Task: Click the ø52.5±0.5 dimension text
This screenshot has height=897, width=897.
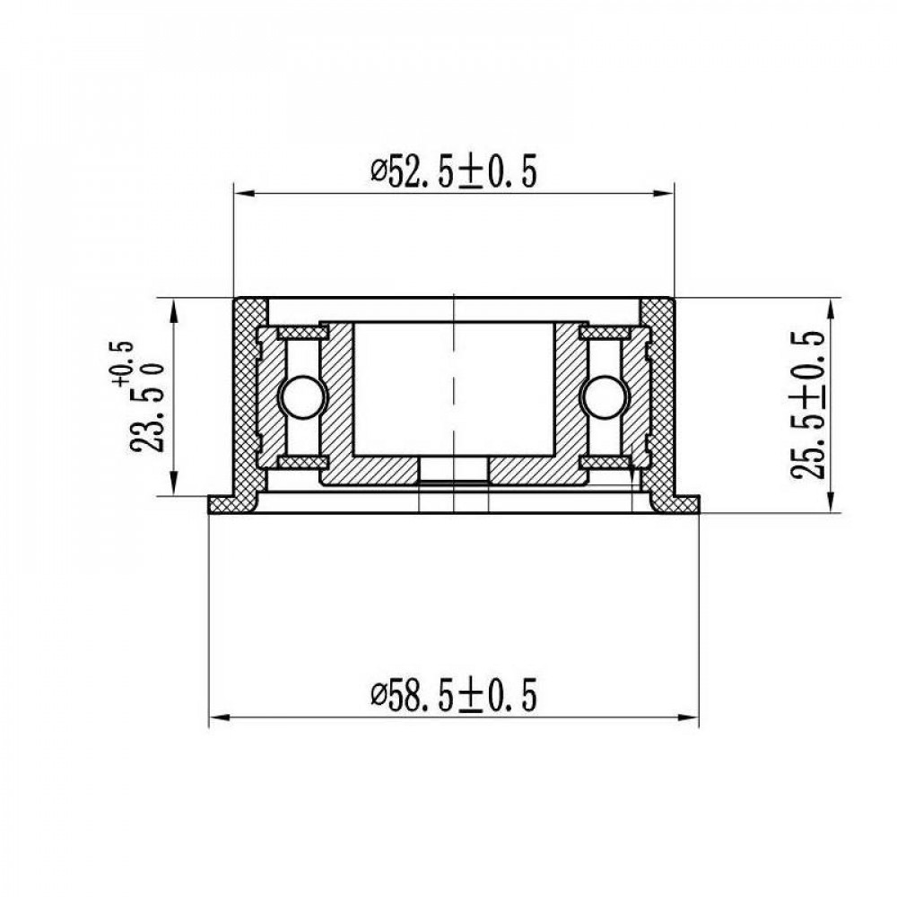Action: click(454, 171)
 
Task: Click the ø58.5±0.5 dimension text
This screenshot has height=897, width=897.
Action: click(454, 694)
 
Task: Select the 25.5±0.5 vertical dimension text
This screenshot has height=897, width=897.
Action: click(808, 405)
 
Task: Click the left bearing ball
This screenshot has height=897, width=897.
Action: click(301, 397)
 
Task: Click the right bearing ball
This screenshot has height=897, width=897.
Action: click(604, 397)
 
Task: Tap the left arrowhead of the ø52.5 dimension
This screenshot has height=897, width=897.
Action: click(244, 194)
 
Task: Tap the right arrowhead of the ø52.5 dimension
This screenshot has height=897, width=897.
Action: click(664, 194)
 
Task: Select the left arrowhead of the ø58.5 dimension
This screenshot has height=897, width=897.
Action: click(219, 716)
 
